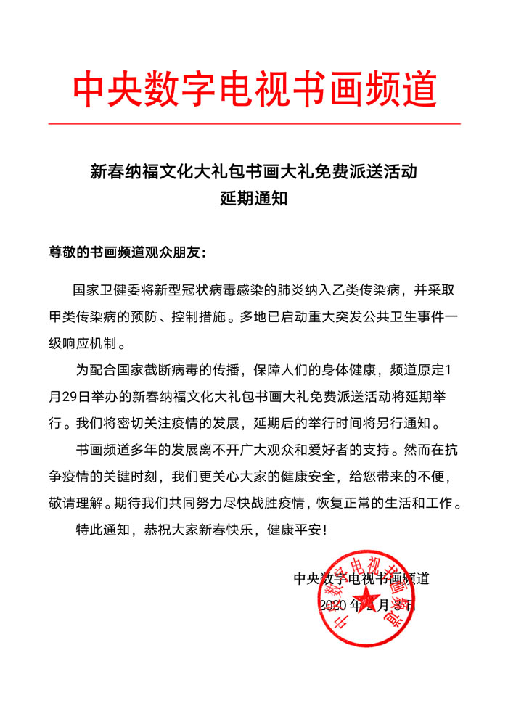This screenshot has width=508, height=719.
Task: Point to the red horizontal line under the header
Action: (254, 124)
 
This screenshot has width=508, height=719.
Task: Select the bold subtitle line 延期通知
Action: (254, 198)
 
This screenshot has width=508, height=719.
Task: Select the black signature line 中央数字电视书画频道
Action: (361, 578)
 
